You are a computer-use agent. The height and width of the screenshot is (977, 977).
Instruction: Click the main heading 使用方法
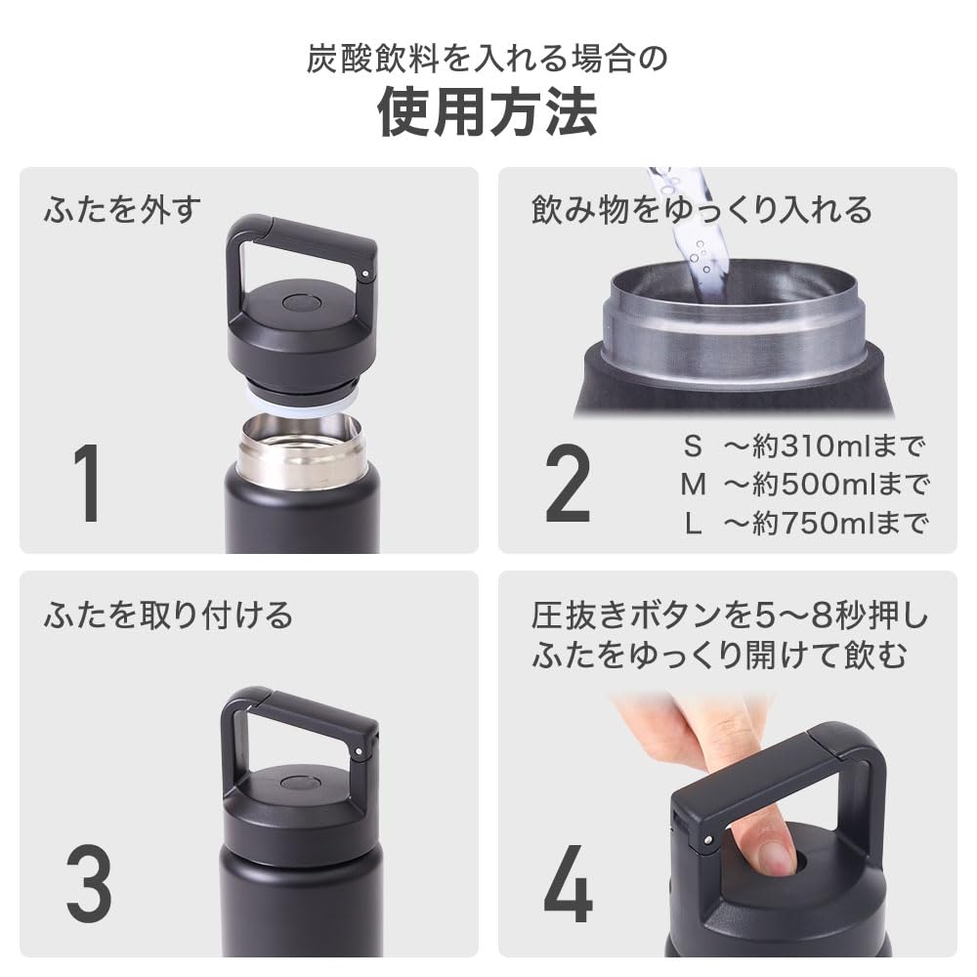(488, 114)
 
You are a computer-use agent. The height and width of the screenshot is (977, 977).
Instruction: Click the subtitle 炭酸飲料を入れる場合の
(488, 59)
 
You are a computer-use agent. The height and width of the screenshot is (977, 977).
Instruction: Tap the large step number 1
(88, 484)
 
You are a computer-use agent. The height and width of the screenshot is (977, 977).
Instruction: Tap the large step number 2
(568, 484)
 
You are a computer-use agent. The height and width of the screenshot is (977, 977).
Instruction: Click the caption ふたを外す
(122, 210)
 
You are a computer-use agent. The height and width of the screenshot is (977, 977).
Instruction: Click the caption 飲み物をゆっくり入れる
(701, 210)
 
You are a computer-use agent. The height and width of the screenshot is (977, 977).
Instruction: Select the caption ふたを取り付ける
(168, 616)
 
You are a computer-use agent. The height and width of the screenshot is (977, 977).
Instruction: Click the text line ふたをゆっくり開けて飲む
(719, 656)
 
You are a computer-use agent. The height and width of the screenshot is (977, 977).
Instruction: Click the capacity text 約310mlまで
(837, 447)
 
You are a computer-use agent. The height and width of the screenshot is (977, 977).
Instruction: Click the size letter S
(693, 447)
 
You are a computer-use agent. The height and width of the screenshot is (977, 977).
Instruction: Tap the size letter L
(693, 523)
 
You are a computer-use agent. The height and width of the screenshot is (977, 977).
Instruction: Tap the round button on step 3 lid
(299, 783)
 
